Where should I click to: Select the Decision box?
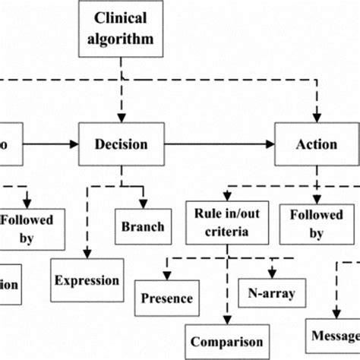(122, 144)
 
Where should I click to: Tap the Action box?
(317, 144)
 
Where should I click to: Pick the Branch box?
(143, 226)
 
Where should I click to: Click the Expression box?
(87, 280)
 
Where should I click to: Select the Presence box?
(166, 298)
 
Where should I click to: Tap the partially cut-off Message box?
(334, 333)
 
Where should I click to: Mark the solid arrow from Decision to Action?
(220, 144)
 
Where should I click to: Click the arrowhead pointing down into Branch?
(143, 204)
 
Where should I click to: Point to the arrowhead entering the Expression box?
(87, 257)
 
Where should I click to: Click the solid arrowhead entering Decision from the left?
(74, 144)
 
